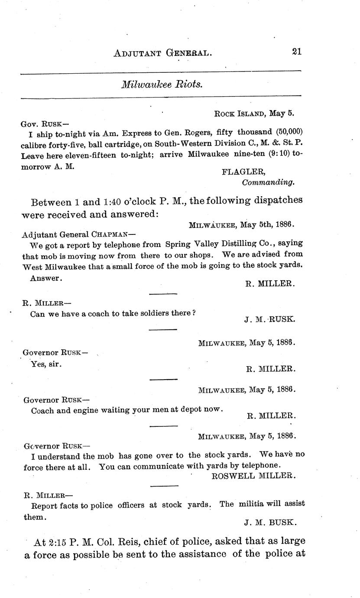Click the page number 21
pos(296,52)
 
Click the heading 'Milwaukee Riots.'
pos(162,84)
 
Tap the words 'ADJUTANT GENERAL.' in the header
pos(162,53)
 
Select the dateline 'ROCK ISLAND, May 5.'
pos(254,114)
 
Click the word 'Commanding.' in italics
pos(268,182)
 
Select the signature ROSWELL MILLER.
pos(254,476)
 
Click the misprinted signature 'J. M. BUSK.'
pos(270,523)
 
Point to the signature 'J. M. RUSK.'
pos(270,319)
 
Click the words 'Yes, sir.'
pos(46,364)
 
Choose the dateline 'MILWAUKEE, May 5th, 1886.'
pos(242,224)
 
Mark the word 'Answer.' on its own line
pos(46,279)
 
